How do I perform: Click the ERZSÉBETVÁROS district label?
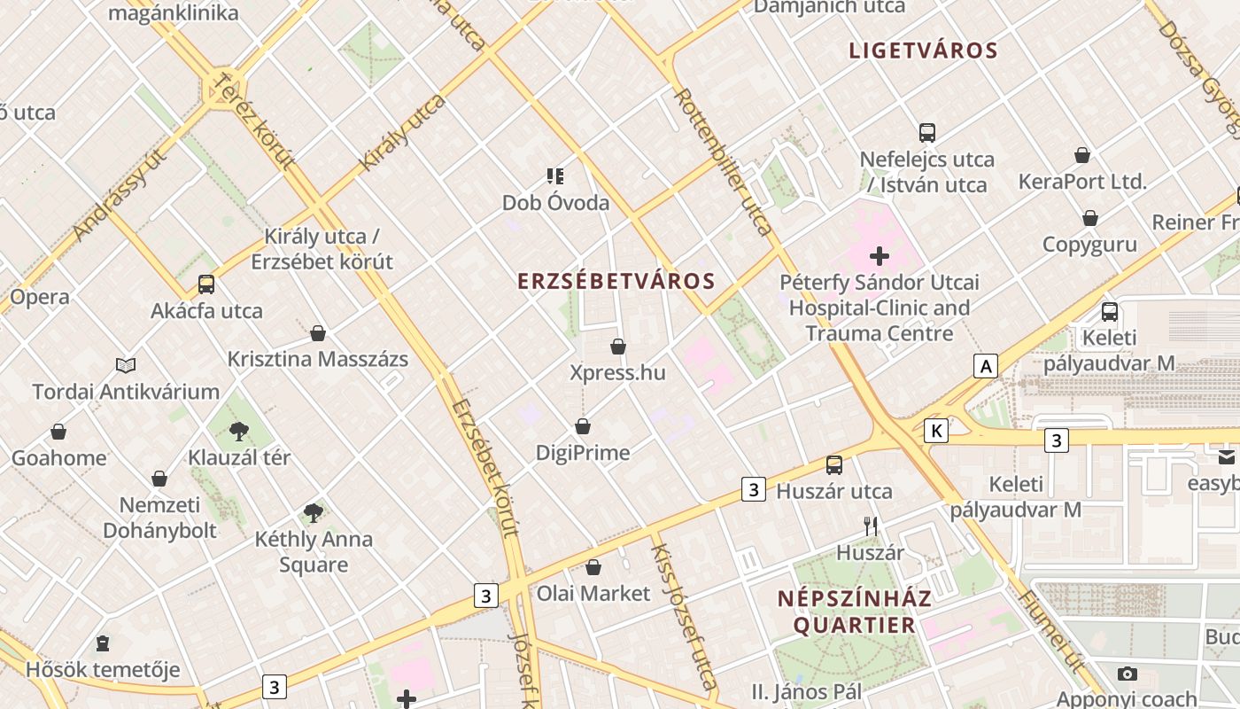[616, 282]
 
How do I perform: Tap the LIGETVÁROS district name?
[923, 51]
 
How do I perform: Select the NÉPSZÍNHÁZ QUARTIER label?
[854, 612]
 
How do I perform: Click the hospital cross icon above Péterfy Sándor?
[880, 257]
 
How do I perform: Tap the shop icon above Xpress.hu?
[618, 347]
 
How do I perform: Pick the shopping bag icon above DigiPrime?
[583, 427]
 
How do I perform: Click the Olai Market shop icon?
[593, 567]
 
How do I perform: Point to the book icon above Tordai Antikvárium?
[126, 365]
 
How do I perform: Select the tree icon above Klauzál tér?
[238, 432]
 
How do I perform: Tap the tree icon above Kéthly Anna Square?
[313, 512]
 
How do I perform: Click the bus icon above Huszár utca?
[834, 465]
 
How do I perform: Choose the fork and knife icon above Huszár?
[871, 526]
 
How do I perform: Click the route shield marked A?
[985, 365]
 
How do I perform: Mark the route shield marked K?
[935, 431]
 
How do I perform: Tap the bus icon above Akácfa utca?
[206, 284]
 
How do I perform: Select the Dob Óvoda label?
[555, 203]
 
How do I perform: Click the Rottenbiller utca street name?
[724, 161]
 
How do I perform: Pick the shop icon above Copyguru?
[1090, 218]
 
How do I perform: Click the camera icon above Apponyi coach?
[1127, 674]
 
